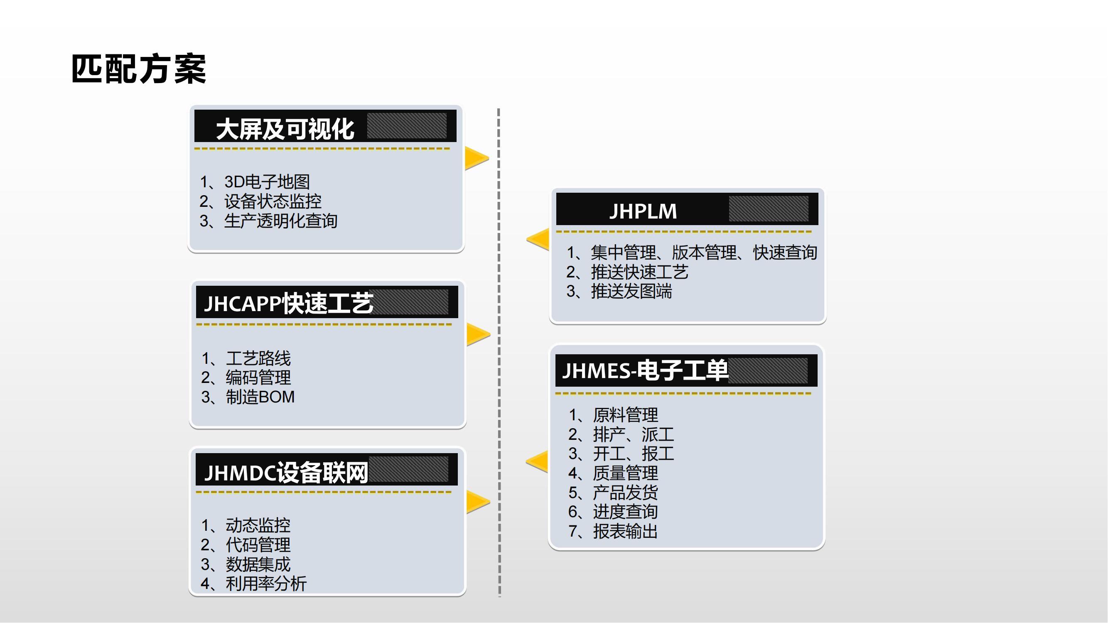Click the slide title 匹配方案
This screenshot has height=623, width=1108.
tap(138, 69)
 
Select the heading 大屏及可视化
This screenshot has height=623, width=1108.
tap(285, 129)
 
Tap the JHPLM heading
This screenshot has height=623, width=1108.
tap(643, 211)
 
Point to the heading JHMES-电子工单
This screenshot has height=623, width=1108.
tap(645, 370)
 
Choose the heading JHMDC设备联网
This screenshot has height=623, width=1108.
tap(286, 473)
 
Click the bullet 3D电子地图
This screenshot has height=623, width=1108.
tap(267, 182)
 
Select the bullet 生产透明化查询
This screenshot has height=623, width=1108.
tap(280, 221)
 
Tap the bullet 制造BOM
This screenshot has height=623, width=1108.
tap(260, 397)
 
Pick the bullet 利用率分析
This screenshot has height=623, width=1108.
tap(266, 584)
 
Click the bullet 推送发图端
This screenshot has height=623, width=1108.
tap(631, 292)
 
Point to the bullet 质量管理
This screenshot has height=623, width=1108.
tap(625, 473)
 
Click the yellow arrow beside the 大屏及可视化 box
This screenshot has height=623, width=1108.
tap(476, 158)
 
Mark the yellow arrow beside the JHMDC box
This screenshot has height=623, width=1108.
tap(477, 502)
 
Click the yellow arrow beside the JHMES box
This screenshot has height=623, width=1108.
tap(538, 461)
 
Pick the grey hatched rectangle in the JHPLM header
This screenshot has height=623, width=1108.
tap(768, 209)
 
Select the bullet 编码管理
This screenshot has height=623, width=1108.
tap(258, 378)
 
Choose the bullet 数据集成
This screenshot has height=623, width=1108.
tap(258, 564)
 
